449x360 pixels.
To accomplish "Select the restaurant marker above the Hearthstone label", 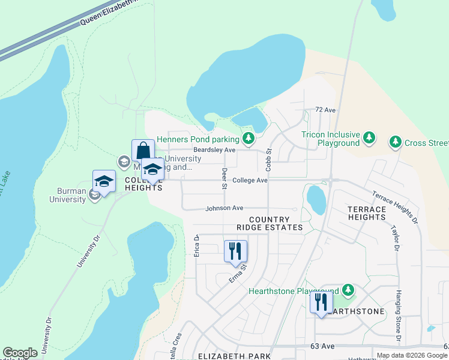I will [321, 302].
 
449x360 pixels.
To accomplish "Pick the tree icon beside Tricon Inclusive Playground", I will [370, 139].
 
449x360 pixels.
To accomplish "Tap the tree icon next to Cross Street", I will [395, 142].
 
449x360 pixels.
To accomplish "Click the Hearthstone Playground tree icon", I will [348, 290].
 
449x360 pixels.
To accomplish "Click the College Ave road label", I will [250, 180].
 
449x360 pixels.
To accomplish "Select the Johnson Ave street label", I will [224, 208].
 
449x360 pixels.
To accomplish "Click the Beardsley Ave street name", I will [214, 150].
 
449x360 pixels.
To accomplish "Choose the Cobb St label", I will [269, 159].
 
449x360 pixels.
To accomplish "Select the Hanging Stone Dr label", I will [398, 317].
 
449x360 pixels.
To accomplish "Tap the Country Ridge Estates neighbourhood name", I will [270, 224].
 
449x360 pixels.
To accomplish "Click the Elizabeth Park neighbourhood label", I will [235, 356].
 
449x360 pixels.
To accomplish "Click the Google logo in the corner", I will [20, 353].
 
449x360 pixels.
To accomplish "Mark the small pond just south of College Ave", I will [316, 199].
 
